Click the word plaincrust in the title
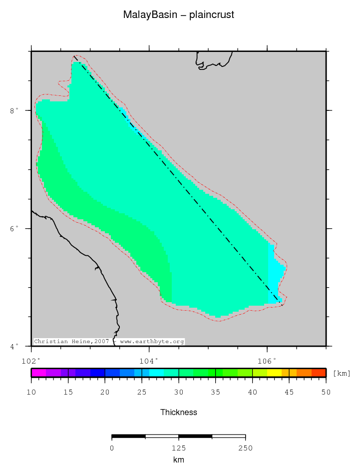click(x=212, y=15)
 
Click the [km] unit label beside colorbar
click(x=342, y=374)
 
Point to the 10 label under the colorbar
click(x=31, y=393)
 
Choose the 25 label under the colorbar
click(x=142, y=393)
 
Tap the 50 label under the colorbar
click(x=326, y=393)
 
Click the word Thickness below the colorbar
click(x=179, y=412)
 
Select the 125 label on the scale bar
click(x=179, y=448)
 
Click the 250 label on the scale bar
click(x=245, y=448)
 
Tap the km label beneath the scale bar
click(x=179, y=460)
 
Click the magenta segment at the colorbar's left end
click(x=38, y=373)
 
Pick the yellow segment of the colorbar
click(x=274, y=373)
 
